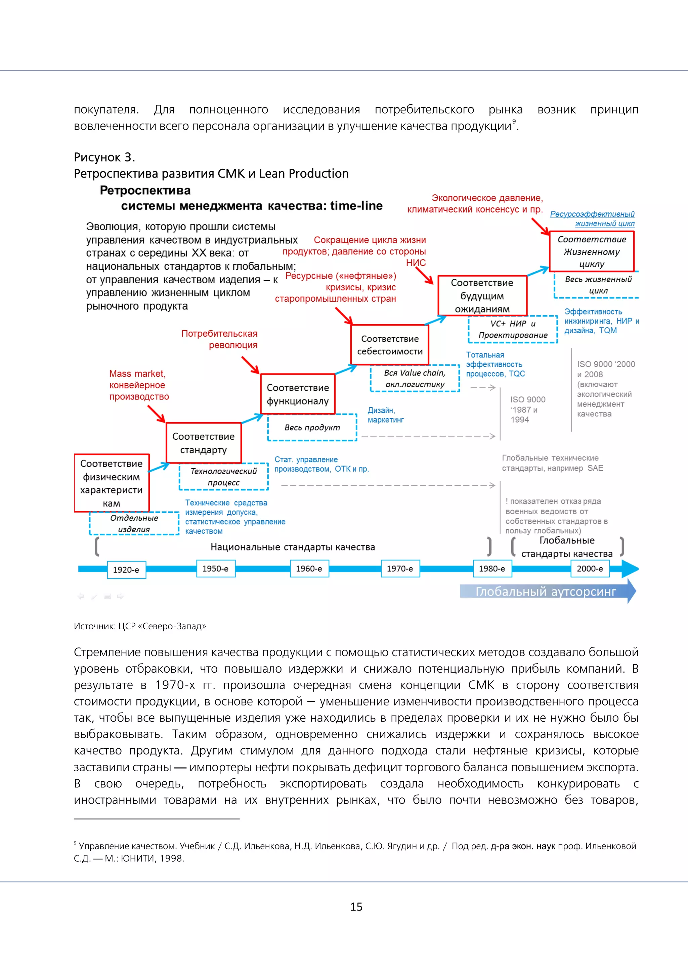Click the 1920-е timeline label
click(126, 570)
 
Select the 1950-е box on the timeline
click(216, 569)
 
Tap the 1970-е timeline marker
click(400, 569)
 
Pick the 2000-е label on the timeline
click(590, 569)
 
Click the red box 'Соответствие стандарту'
click(203, 443)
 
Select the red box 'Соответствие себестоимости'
click(390, 345)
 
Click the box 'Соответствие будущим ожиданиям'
click(482, 295)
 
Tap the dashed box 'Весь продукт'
click(312, 428)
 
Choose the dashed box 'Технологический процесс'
click(224, 477)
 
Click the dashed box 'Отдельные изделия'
click(134, 524)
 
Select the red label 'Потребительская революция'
click(219, 339)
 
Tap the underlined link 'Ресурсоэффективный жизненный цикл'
click(592, 218)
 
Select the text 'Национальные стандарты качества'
click(293, 547)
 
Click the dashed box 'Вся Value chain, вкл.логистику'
click(415, 379)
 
